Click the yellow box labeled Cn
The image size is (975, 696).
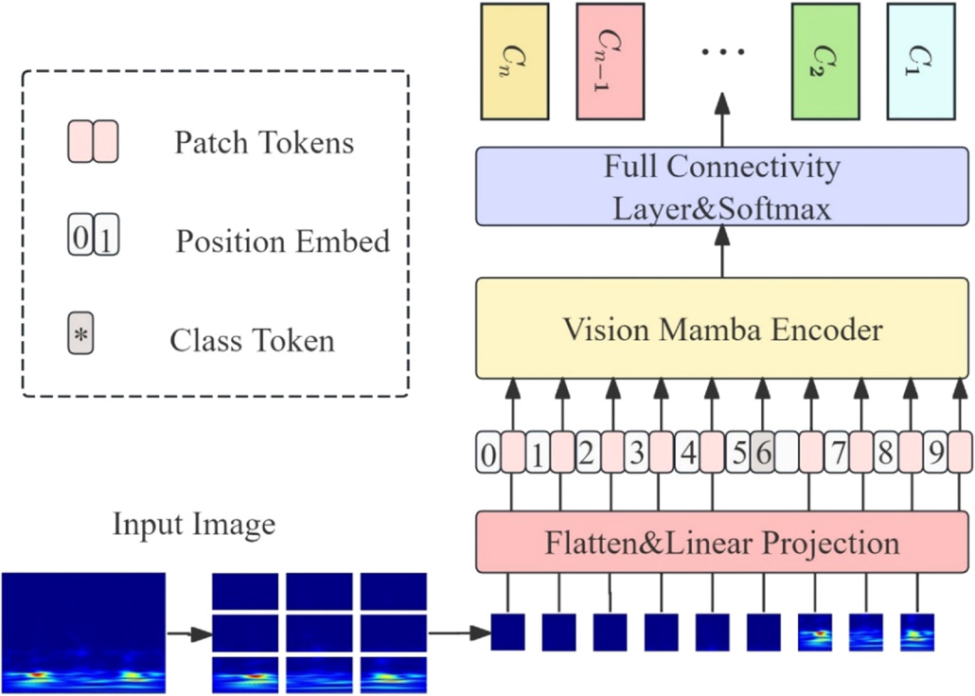click(x=514, y=62)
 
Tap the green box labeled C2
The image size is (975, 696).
click(x=825, y=62)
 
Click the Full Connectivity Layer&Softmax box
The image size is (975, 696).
click(x=722, y=187)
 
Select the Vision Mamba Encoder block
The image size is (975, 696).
click(x=722, y=330)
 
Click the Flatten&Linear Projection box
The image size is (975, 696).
click(x=722, y=543)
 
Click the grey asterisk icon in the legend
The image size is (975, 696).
click(x=80, y=336)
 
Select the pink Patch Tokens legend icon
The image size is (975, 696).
click(x=92, y=142)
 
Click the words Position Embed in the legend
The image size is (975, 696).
click(x=282, y=241)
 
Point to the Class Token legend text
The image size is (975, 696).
click(x=252, y=340)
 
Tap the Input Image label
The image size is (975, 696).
click(x=194, y=524)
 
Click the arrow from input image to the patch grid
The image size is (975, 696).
click(x=188, y=632)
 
